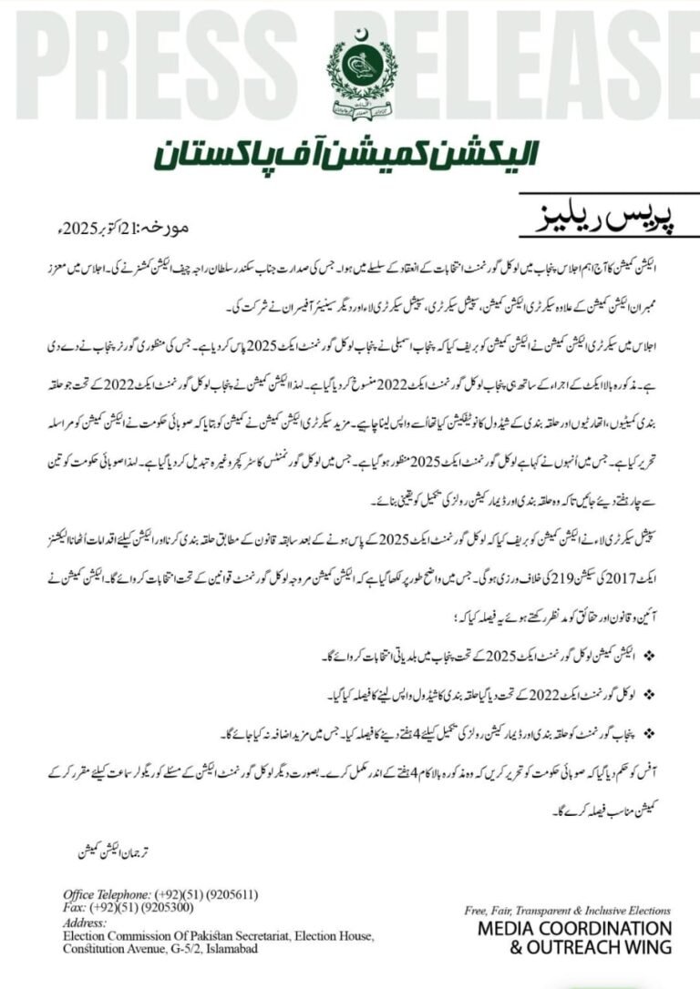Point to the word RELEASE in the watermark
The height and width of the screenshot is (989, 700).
click(547, 64)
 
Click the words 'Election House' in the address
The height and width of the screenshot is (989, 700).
click(337, 935)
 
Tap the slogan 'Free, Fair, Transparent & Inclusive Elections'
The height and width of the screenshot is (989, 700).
click(567, 910)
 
